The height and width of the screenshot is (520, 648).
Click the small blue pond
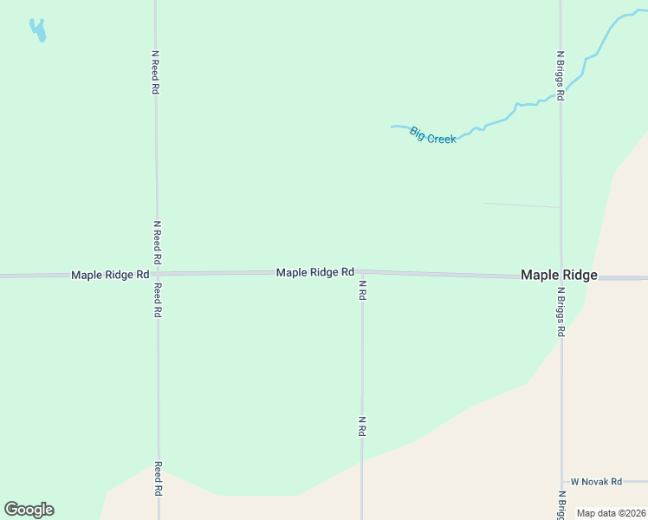click(37, 31)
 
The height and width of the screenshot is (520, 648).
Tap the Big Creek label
click(432, 135)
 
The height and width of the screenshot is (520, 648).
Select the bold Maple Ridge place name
click(559, 275)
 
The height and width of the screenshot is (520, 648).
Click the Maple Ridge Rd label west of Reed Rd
click(110, 275)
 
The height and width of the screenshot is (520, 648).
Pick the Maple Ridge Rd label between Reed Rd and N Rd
click(315, 272)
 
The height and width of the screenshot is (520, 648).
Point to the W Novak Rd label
click(596, 482)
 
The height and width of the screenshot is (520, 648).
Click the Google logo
click(29, 510)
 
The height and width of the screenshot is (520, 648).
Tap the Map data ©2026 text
click(612, 513)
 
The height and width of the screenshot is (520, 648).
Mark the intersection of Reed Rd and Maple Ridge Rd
click(157, 274)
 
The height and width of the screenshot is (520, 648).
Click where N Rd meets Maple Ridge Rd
click(361, 272)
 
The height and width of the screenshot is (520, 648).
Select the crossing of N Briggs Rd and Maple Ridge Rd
click(561, 277)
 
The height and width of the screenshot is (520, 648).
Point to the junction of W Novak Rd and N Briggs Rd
click(561, 482)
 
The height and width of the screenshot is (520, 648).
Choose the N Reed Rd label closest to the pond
click(156, 71)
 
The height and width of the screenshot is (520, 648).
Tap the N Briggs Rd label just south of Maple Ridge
click(561, 312)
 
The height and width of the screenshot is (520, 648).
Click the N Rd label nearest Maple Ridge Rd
click(362, 290)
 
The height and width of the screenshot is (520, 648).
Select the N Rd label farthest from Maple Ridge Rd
click(362, 426)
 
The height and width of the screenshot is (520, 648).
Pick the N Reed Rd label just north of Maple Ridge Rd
click(157, 242)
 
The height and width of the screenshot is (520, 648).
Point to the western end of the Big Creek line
click(392, 127)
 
